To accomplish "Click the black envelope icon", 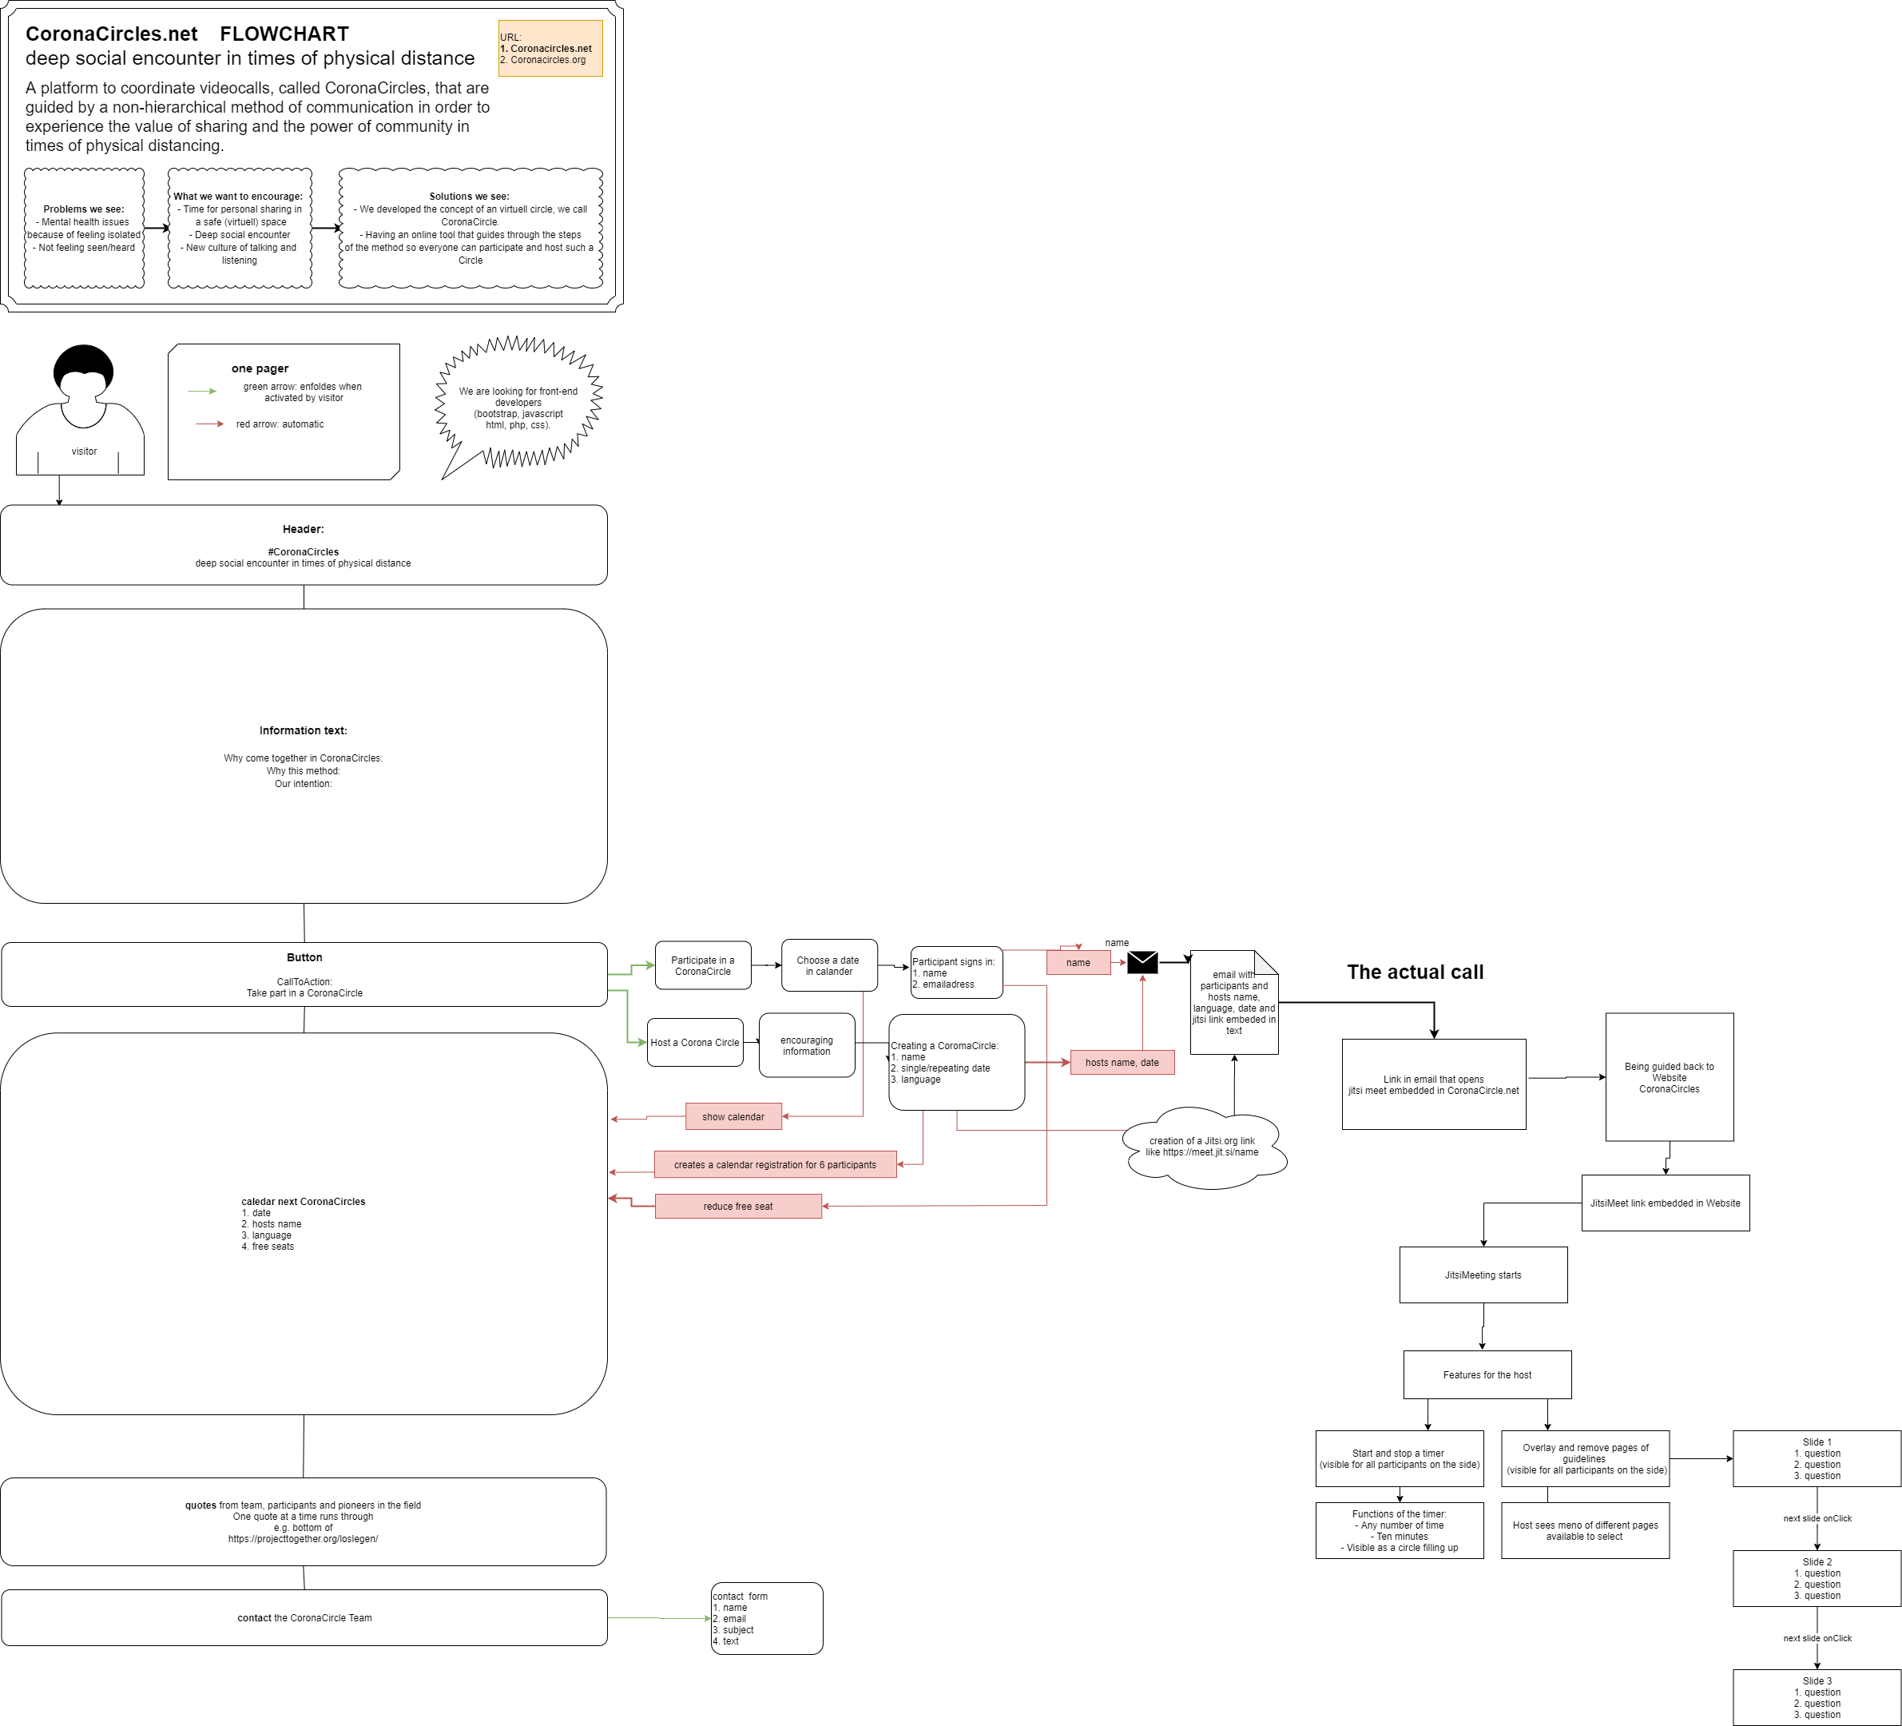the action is click(1142, 961).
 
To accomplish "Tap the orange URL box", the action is click(550, 48).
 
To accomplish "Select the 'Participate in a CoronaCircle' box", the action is click(703, 965).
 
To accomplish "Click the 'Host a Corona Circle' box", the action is click(695, 1043).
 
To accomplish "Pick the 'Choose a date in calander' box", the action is click(829, 965).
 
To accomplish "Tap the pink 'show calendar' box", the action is click(733, 1116).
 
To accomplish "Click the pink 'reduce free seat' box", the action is click(738, 1206).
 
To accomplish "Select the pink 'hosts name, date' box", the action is click(1122, 1063).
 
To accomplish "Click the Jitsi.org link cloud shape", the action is click(1203, 1147).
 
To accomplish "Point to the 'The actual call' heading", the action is click(1416, 972).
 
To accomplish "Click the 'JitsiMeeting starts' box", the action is click(1483, 1275).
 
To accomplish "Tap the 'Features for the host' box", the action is click(1487, 1375).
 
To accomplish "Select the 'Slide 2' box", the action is click(1817, 1579).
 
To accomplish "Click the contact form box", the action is click(767, 1618).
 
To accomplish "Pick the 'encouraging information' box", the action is click(807, 1046).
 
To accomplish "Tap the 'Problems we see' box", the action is click(84, 229).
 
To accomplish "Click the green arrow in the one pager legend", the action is click(202, 391).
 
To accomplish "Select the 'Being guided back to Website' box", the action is click(1669, 1076).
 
